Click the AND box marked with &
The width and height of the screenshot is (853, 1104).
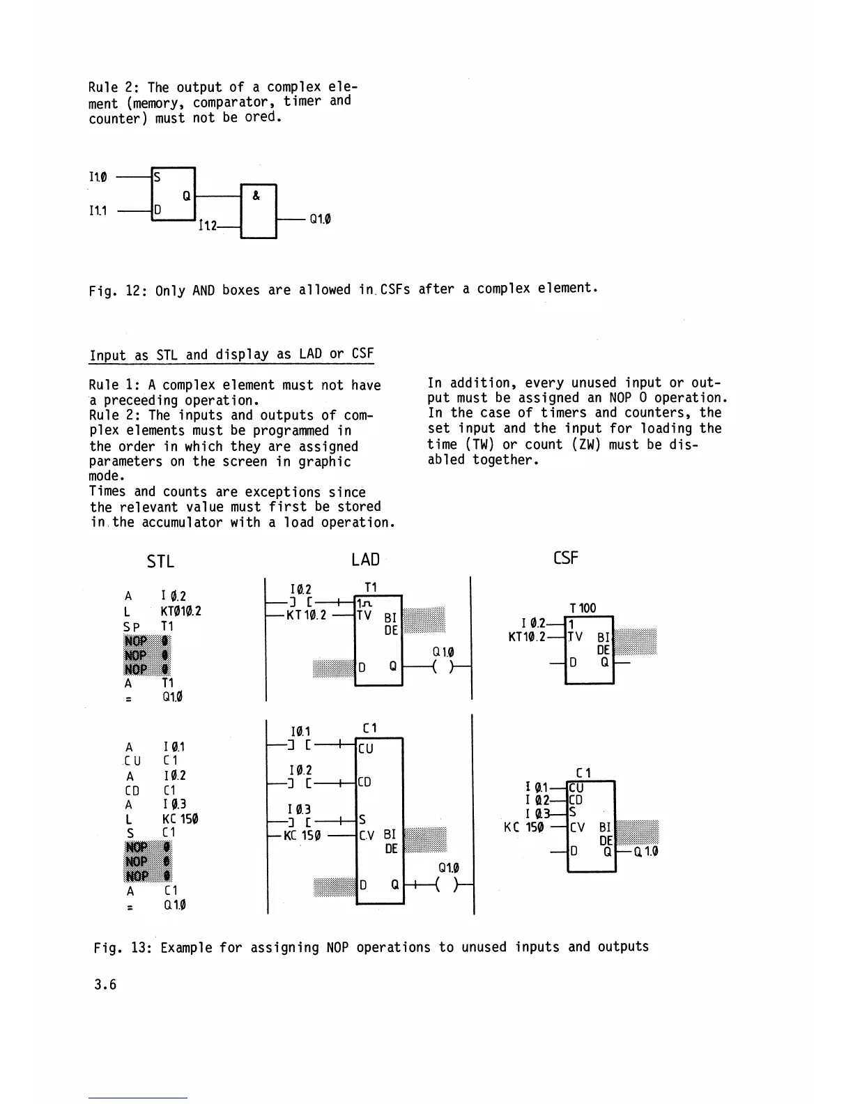(258, 211)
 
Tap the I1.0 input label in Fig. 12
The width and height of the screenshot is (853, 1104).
(98, 177)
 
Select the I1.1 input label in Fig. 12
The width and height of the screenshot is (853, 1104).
(98, 210)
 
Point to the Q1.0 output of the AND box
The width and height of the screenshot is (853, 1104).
(320, 219)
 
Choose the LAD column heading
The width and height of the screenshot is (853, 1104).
(365, 560)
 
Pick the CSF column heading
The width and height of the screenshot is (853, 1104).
(565, 558)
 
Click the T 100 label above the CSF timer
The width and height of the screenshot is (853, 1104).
(583, 608)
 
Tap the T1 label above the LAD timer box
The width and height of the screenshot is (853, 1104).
(371, 588)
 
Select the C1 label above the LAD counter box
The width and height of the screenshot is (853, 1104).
(370, 728)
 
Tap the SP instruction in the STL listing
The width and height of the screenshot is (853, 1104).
(131, 627)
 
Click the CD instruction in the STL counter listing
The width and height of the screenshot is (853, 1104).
(132, 790)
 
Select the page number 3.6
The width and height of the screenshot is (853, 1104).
(106, 984)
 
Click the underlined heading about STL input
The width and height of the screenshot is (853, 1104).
(231, 354)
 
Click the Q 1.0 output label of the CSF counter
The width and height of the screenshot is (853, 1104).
(645, 851)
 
